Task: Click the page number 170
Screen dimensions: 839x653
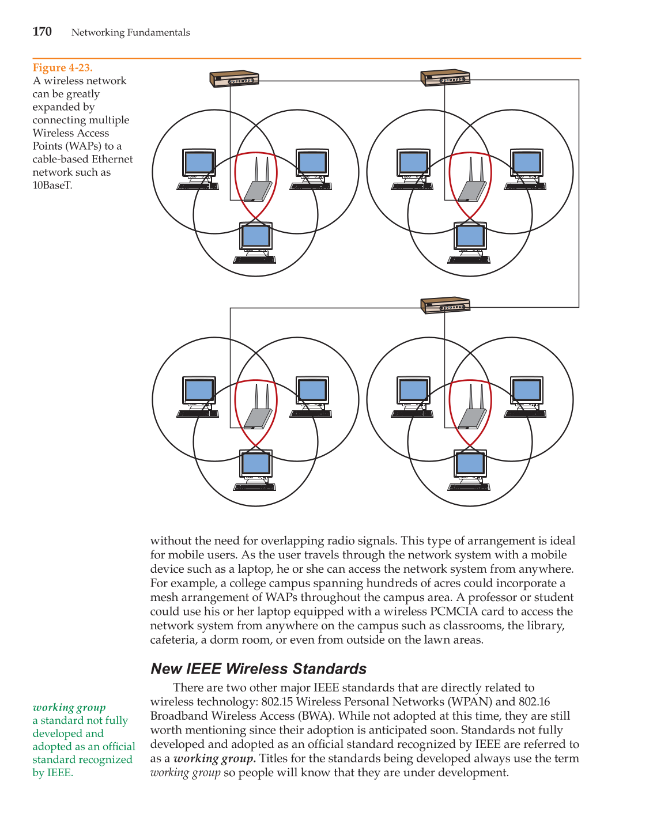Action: [42, 32]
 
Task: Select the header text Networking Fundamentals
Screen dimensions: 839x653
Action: [130, 32]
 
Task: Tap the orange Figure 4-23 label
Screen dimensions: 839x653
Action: [62, 67]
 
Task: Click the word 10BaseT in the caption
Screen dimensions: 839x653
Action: [52, 185]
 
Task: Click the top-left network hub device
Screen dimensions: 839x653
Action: [234, 79]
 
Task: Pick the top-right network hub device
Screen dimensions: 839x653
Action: [446, 78]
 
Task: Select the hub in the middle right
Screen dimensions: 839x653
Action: [446, 305]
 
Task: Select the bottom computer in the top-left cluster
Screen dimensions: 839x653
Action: [255, 243]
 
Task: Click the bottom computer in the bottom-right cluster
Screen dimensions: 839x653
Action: [470, 470]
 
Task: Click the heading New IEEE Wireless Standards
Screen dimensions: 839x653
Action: [258, 668]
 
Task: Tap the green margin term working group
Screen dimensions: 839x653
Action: [69, 707]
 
